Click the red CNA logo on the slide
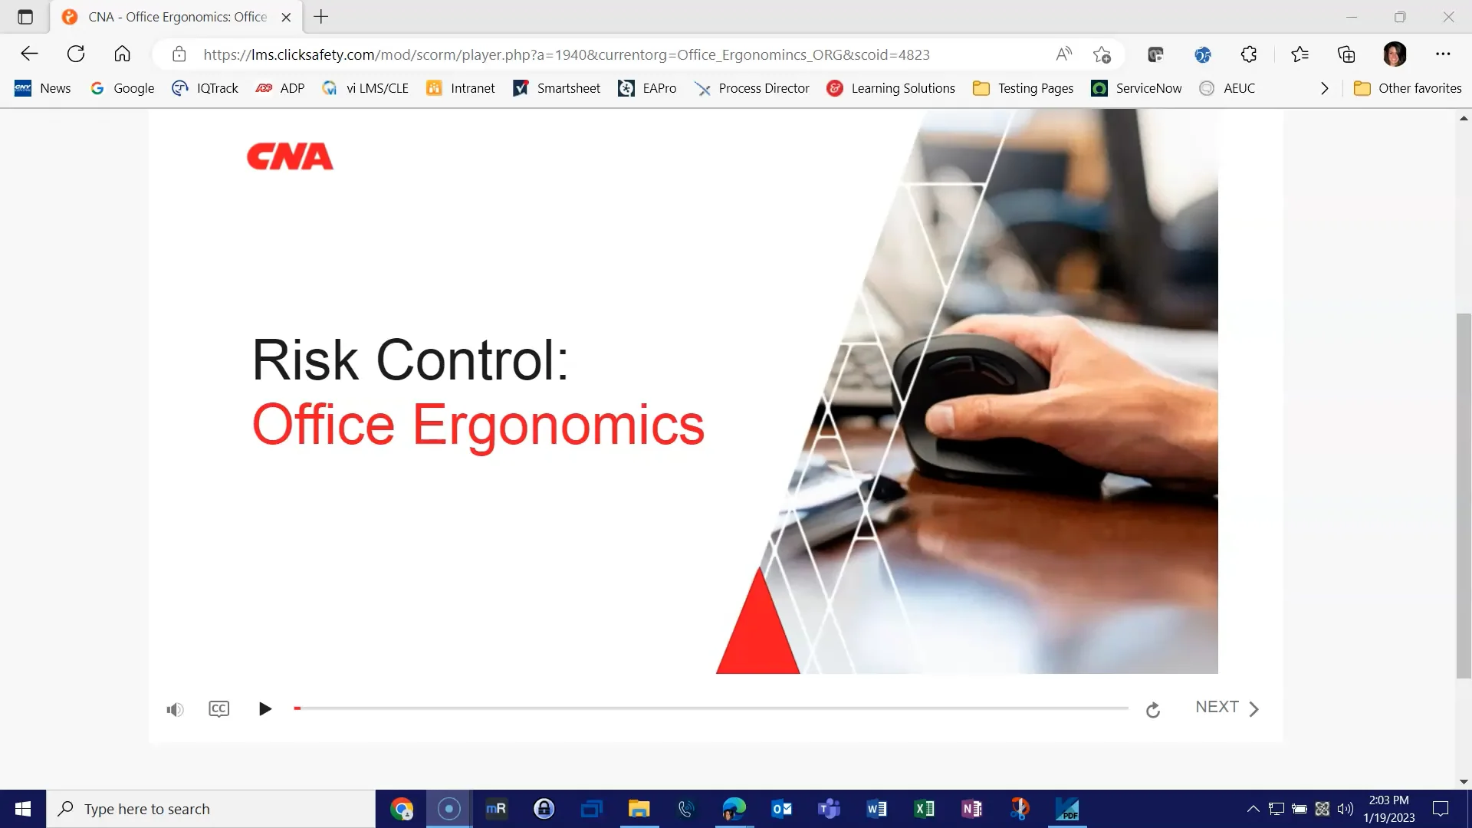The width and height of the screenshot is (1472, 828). pyautogui.click(x=290, y=156)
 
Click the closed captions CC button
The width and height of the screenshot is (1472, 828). pyautogui.click(x=219, y=708)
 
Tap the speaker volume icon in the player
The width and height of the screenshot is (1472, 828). pyautogui.click(x=175, y=709)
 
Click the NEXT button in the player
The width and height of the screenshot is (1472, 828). pyautogui.click(x=1226, y=708)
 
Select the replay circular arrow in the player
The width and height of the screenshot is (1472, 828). pyautogui.click(x=1152, y=710)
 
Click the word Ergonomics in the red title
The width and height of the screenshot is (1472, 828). pyautogui.click(x=558, y=425)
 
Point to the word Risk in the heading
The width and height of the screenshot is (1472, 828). pyautogui.click(x=305, y=360)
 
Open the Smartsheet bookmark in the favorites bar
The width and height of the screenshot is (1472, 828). pyautogui.click(x=557, y=88)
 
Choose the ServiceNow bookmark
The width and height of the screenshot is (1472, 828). pyautogui.click(x=1136, y=88)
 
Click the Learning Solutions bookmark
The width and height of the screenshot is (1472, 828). pyautogui.click(x=891, y=88)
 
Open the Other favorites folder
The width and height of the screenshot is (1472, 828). pyautogui.click(x=1408, y=88)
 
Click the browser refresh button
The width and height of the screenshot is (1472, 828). pyautogui.click(x=76, y=54)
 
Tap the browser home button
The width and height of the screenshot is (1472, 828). pyautogui.click(x=122, y=54)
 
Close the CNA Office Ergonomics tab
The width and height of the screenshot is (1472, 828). pyautogui.click(x=286, y=17)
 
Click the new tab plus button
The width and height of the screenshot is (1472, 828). pyautogui.click(x=321, y=17)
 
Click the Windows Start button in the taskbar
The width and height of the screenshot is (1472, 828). pyautogui.click(x=23, y=809)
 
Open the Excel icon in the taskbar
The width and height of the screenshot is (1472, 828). pyautogui.click(x=924, y=809)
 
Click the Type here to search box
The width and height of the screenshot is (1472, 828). pyautogui.click(x=211, y=809)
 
